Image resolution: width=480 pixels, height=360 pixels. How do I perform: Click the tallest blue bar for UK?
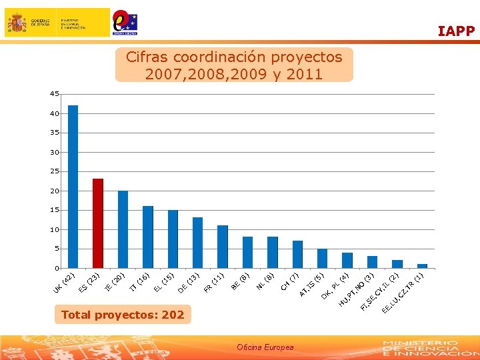(73, 187)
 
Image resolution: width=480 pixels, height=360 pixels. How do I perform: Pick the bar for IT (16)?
(148, 237)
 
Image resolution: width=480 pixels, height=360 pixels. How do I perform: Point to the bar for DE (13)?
(197, 243)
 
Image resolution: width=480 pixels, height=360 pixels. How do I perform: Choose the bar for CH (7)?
(297, 254)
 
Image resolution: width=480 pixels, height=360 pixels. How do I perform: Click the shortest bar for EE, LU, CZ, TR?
(422, 266)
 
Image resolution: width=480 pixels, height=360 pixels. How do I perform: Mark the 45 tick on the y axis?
(54, 94)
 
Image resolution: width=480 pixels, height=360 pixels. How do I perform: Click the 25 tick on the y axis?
(54, 171)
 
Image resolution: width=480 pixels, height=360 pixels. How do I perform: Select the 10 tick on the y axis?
(54, 229)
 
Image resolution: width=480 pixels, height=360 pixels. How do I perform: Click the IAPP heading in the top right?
(456, 31)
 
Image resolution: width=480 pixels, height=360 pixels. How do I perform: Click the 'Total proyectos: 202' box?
(123, 315)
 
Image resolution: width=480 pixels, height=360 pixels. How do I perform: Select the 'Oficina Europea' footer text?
(265, 347)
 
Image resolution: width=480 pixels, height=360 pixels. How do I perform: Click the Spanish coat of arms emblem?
(17, 23)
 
